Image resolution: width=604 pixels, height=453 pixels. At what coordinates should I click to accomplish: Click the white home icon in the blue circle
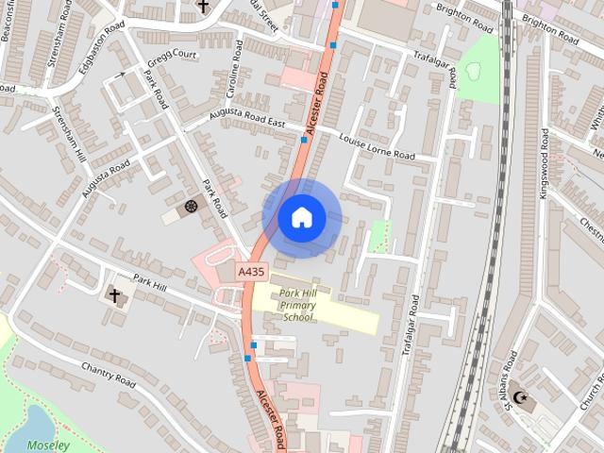301,217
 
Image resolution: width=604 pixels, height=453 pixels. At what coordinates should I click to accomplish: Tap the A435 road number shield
252,271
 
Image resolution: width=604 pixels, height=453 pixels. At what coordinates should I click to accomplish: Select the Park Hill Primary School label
298,305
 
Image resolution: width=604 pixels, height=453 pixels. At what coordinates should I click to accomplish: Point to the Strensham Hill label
68,133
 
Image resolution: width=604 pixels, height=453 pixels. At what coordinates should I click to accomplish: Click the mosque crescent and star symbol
520,397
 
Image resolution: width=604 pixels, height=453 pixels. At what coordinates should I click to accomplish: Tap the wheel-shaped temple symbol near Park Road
192,206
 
